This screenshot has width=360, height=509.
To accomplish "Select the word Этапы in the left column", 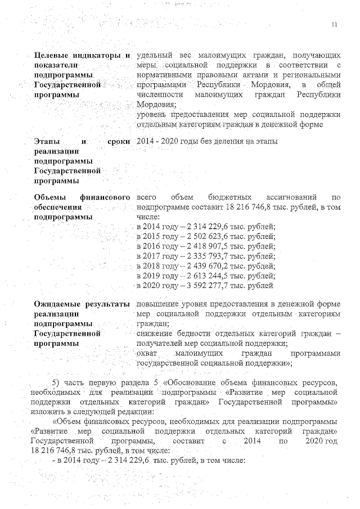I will [x=46, y=141].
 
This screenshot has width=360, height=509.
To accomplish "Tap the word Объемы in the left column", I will [x=49, y=197].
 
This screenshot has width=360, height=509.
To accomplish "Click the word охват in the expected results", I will [x=147, y=354].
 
